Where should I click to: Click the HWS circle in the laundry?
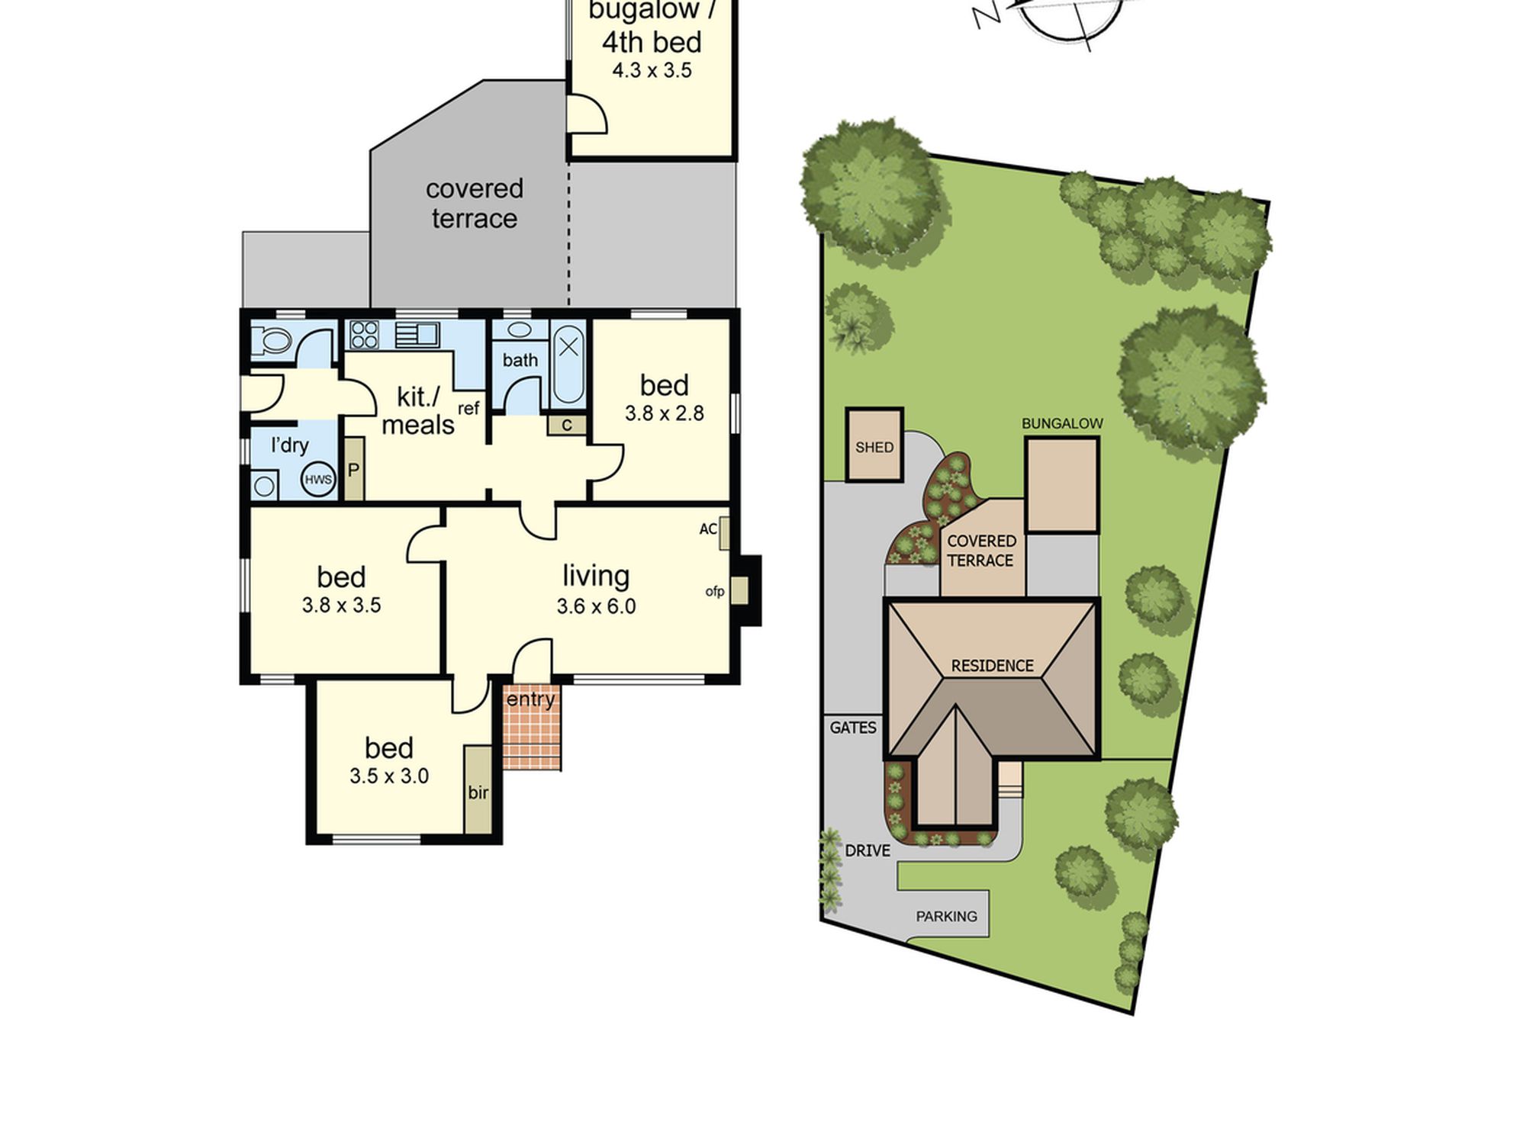tap(318, 479)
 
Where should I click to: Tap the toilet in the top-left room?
tap(270, 340)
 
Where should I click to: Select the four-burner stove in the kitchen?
tap(364, 335)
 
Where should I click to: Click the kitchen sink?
tap(417, 335)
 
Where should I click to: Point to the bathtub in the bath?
tap(568, 364)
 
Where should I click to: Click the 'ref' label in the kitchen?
tap(468, 408)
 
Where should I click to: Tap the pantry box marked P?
tap(353, 469)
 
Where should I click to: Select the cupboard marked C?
tap(567, 425)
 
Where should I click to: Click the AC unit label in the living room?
tap(708, 529)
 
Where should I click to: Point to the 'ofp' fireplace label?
tap(715, 591)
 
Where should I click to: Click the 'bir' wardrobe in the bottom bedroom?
tap(478, 790)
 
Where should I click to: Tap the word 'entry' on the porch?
tap(531, 699)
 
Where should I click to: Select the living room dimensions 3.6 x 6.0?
tap(596, 606)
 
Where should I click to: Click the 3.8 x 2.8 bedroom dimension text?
tap(665, 413)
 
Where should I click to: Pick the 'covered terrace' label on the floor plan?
tap(475, 203)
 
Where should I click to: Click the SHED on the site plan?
tap(874, 445)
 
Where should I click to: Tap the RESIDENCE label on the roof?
tap(993, 666)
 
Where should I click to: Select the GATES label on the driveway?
tap(853, 728)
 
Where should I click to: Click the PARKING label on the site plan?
tap(946, 916)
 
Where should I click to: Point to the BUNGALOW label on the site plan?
tap(1062, 423)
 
